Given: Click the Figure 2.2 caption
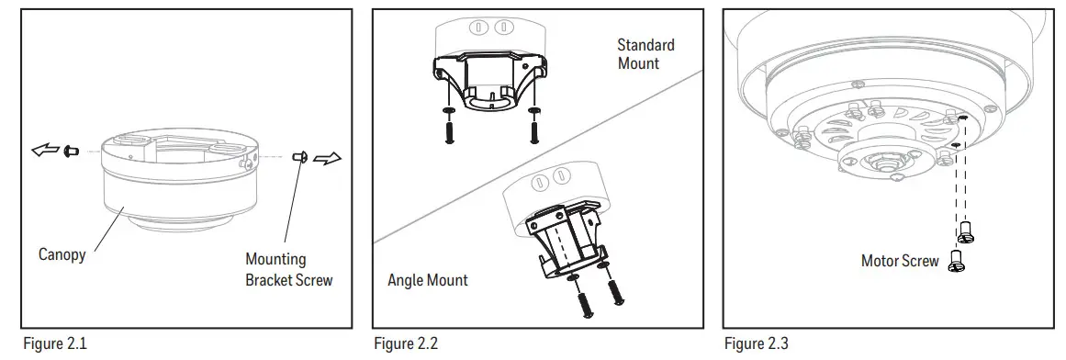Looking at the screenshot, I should pyautogui.click(x=404, y=344).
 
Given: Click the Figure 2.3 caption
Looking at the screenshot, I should pyautogui.click(x=756, y=344).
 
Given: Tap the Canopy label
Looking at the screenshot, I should pyautogui.click(x=62, y=254).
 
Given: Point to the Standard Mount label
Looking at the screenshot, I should pyautogui.click(x=645, y=53).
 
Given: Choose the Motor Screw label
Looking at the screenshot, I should pyautogui.click(x=900, y=261).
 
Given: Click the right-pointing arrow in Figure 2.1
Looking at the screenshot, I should pyautogui.click(x=327, y=158).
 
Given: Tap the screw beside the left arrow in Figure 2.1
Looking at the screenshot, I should pyautogui.click(x=73, y=150).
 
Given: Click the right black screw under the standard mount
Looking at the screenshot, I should pyautogui.click(x=534, y=127).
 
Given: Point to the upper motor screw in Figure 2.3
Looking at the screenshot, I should pyautogui.click(x=966, y=233).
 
